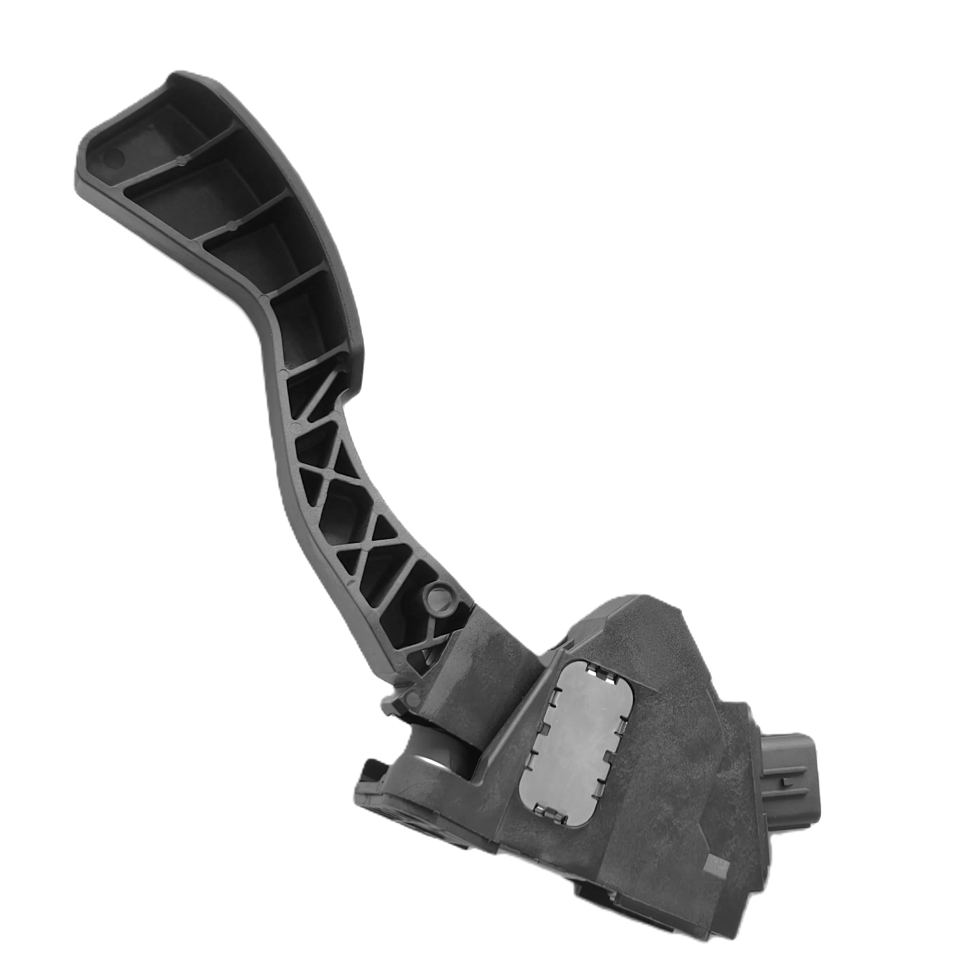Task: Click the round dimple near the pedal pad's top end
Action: click(112, 159)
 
